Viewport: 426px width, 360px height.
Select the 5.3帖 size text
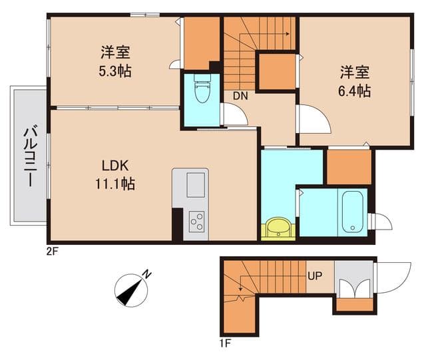tap(115, 70)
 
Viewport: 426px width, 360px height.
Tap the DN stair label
tap(240, 96)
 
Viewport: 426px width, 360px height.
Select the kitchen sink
tap(196, 184)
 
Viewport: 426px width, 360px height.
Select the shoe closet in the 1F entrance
tap(353, 287)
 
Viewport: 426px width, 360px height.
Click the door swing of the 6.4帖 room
tap(313, 122)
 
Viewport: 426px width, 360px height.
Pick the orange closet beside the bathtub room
tap(348, 167)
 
